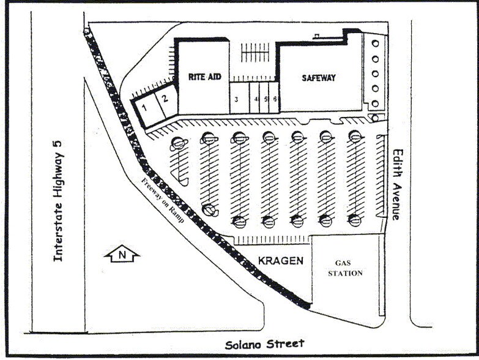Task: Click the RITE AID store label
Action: point(205,77)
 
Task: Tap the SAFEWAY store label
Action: point(319,78)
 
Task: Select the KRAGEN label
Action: point(280,261)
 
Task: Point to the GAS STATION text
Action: point(346,268)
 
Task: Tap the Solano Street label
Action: point(264,345)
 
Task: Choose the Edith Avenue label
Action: point(397,184)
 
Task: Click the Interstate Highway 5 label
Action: point(58,200)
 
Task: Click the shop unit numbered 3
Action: point(236,99)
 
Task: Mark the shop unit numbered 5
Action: point(266,99)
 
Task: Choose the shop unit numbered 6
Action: point(275,99)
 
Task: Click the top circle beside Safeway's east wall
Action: point(375,43)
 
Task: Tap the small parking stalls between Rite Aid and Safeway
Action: point(254,53)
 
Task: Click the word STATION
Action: point(346,273)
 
